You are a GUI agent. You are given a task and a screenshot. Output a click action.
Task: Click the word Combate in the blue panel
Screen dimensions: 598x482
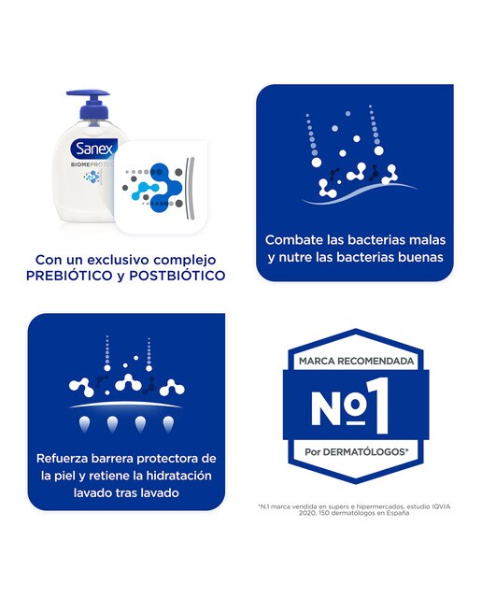coord(294,239)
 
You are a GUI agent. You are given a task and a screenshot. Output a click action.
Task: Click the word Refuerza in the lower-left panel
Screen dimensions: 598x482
coord(65,459)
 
